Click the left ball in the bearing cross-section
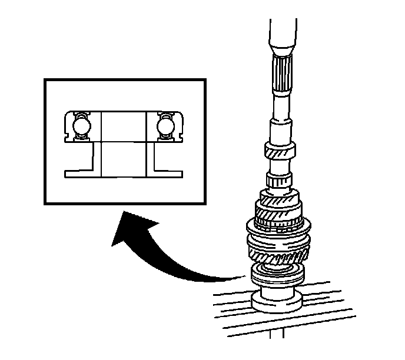click(x=79, y=126)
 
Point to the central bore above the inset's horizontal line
click(x=122, y=126)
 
